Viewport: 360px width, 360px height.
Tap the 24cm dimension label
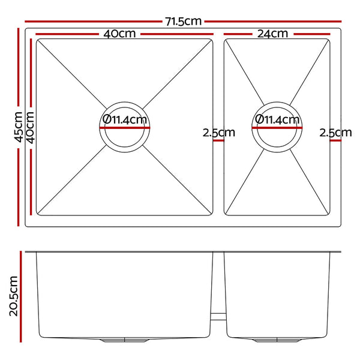coord(272,34)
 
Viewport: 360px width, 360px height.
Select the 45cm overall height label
coord(18,127)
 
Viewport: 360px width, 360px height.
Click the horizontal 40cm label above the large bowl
coord(119,34)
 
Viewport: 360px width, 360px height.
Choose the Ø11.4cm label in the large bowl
coord(125,120)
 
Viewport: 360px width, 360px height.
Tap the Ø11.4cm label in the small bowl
coord(277,120)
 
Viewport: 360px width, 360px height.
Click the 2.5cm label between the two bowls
coord(218,133)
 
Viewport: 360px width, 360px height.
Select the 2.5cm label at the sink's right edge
coord(335,133)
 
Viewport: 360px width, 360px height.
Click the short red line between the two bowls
coord(218,140)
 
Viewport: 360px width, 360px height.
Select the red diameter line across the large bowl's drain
coord(125,127)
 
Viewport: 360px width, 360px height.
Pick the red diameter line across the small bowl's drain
coord(277,127)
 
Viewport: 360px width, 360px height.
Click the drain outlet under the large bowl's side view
coord(125,340)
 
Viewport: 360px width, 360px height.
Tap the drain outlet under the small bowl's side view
coord(277,340)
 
